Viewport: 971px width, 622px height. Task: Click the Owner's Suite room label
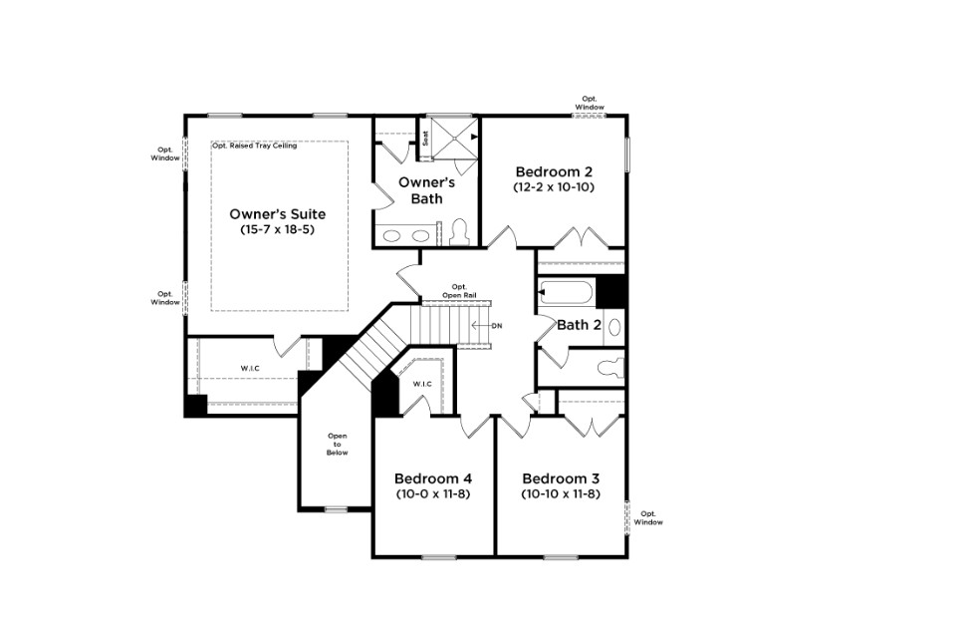click(x=278, y=214)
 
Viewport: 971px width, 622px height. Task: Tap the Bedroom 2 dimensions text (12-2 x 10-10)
click(x=554, y=187)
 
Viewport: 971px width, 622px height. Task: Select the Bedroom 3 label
click(x=561, y=478)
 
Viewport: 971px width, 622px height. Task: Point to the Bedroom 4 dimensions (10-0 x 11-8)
click(x=433, y=494)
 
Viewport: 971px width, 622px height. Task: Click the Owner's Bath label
click(x=426, y=190)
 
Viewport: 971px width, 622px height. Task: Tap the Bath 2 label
click(x=579, y=325)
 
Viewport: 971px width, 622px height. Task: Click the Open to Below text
click(x=338, y=445)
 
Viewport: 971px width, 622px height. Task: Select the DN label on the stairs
click(x=497, y=326)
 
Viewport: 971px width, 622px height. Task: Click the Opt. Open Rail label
click(x=459, y=291)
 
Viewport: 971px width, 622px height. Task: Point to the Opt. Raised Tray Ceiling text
click(x=255, y=147)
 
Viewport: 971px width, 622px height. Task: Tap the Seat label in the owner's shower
click(x=425, y=139)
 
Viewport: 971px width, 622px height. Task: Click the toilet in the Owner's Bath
click(x=459, y=231)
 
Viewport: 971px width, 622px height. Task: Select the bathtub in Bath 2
click(x=566, y=292)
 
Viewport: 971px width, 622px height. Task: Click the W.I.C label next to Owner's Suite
click(x=250, y=369)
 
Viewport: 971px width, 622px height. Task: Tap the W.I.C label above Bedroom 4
click(x=422, y=384)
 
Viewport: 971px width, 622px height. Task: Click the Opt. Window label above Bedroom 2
click(x=590, y=103)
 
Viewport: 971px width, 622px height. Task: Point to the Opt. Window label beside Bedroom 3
click(x=647, y=518)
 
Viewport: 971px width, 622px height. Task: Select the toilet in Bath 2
click(x=609, y=368)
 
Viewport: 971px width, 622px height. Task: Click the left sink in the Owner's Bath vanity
click(x=392, y=236)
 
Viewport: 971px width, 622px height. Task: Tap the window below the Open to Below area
click(x=337, y=510)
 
